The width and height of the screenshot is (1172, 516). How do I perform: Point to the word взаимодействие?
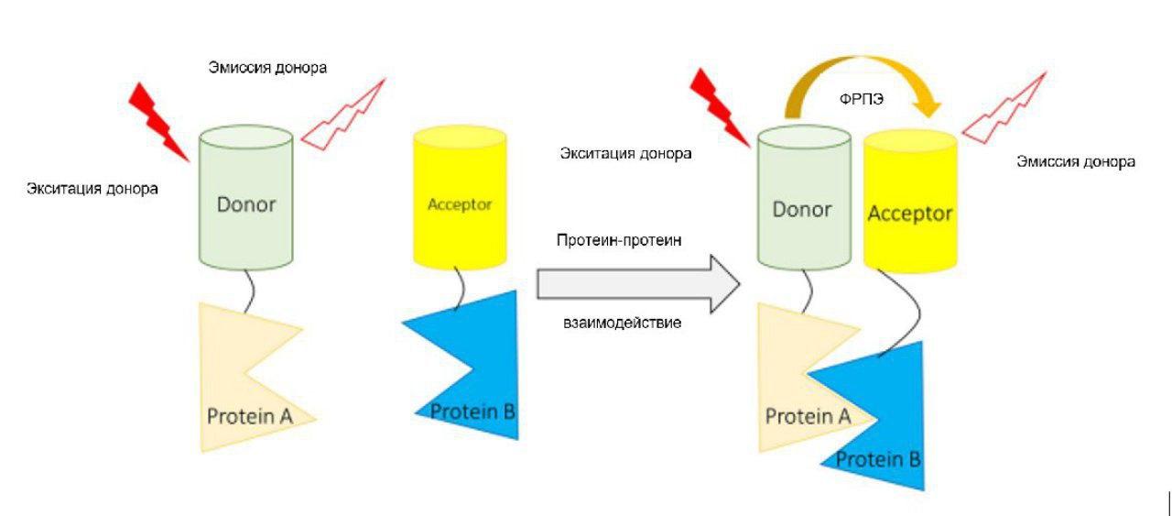pyautogui.click(x=621, y=324)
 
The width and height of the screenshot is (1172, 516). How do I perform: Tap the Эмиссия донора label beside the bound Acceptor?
pyautogui.click(x=1076, y=162)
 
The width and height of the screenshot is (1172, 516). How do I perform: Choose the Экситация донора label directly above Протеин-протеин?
pyautogui.click(x=625, y=153)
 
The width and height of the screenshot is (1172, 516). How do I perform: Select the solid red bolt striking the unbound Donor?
pyautogui.click(x=158, y=118)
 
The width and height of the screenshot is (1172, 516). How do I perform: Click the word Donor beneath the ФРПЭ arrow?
pyautogui.click(x=802, y=209)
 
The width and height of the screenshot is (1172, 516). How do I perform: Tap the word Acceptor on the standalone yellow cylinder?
pyautogui.click(x=460, y=204)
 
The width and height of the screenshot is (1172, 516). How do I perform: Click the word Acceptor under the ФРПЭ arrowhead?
pyautogui.click(x=910, y=214)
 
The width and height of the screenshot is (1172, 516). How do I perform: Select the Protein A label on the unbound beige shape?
pyautogui.click(x=249, y=416)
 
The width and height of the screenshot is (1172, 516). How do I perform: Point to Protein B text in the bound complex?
pyautogui.click(x=878, y=458)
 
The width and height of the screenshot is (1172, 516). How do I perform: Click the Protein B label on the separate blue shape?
pyautogui.click(x=472, y=410)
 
